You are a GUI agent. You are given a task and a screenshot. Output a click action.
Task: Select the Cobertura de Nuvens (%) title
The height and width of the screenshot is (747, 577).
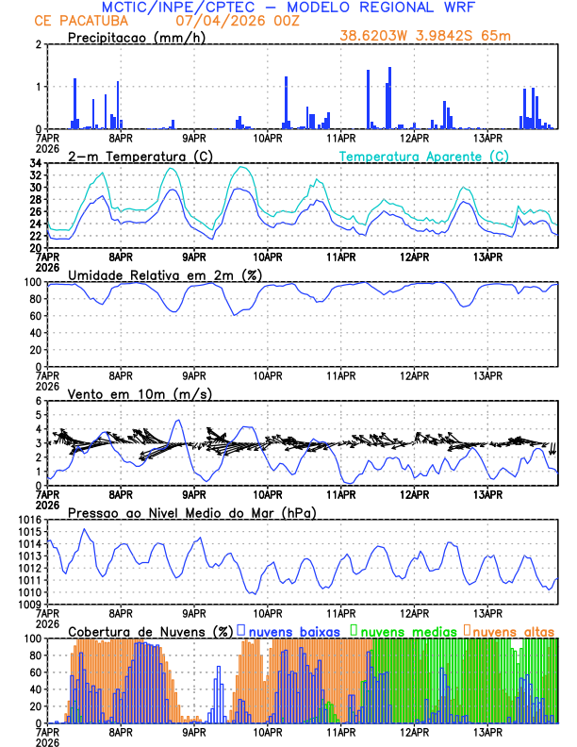click(x=150, y=631)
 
